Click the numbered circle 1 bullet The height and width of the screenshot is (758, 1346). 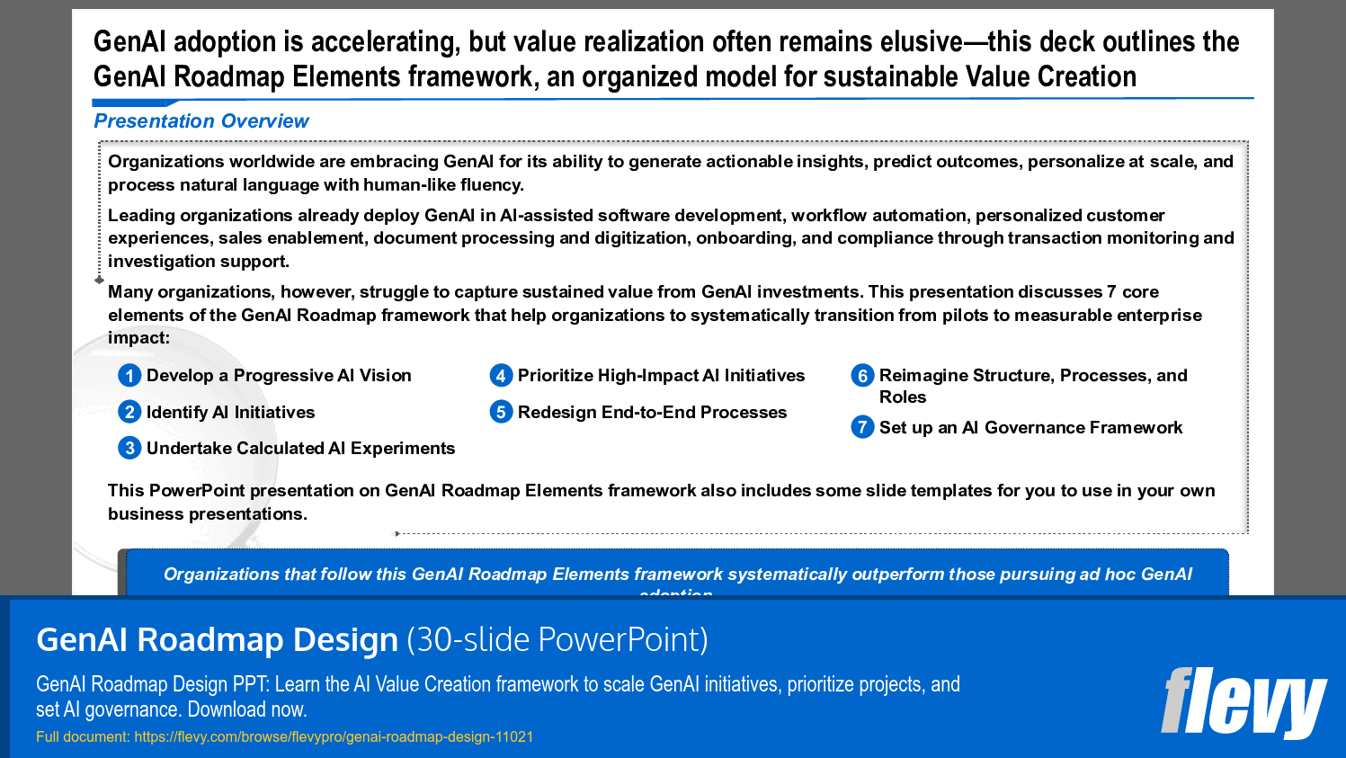[x=129, y=376]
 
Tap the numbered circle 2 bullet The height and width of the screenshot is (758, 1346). [x=129, y=412]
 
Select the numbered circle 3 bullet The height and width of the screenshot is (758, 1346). [x=129, y=448]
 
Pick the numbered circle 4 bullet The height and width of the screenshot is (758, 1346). [x=501, y=376]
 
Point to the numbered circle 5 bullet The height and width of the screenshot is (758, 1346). [x=501, y=412]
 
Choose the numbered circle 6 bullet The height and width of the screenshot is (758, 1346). [x=862, y=376]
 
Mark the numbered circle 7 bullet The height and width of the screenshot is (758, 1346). [x=862, y=427]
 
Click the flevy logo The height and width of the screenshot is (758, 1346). [x=1243, y=702]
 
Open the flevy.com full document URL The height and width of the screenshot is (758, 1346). [x=334, y=736]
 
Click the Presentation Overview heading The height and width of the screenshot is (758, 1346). [x=201, y=121]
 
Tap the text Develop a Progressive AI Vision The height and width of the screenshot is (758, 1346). [x=279, y=376]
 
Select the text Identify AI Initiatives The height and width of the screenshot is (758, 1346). [x=230, y=413]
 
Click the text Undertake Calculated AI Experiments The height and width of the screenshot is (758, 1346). [x=300, y=449]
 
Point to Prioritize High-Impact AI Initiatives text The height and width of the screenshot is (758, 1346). [x=661, y=376]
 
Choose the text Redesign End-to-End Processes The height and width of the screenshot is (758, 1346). [x=652, y=413]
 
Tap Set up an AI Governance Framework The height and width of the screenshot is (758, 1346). [x=1030, y=428]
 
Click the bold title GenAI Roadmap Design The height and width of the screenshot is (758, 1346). [x=217, y=639]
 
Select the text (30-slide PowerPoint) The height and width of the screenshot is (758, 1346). [x=557, y=639]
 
